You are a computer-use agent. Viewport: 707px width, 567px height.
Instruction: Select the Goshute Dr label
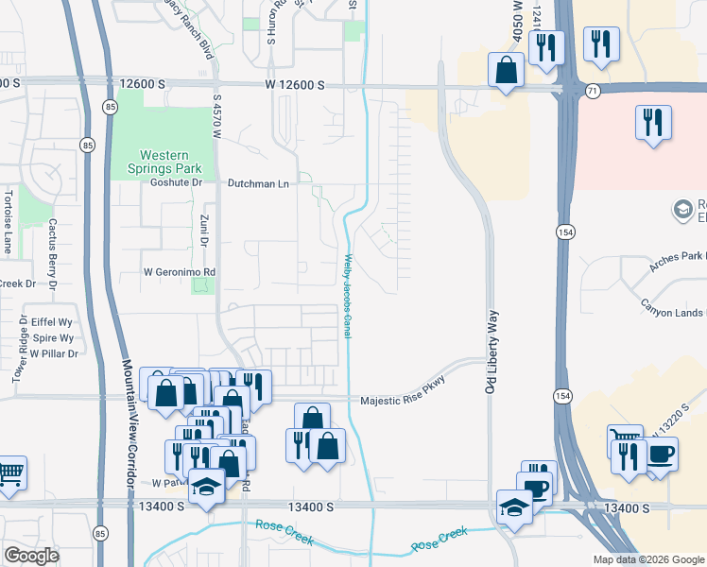point(178,182)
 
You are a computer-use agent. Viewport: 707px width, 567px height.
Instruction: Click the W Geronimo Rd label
point(180,272)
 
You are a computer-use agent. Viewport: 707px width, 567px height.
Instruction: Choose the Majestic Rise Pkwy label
point(402,401)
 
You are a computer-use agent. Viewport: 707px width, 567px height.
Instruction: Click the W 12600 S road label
point(294,85)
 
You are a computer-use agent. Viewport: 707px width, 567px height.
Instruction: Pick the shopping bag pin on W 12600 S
point(507,69)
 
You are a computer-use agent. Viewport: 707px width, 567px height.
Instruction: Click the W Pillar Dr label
point(53,353)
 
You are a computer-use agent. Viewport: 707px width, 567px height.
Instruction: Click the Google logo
point(31,555)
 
